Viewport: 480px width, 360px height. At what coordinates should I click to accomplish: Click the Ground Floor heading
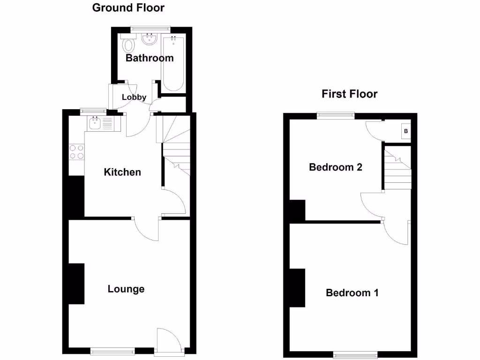128,7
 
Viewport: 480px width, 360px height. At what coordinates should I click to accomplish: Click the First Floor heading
349,94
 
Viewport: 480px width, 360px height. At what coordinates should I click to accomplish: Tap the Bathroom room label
150,58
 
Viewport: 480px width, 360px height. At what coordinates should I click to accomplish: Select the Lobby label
134,97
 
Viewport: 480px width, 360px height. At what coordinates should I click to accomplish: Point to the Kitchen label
122,172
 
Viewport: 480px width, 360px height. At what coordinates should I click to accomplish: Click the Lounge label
126,289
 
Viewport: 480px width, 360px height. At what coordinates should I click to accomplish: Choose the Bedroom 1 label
352,293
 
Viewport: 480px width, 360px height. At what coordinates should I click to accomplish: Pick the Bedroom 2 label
336,167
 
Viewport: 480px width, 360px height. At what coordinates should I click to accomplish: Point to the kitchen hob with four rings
77,152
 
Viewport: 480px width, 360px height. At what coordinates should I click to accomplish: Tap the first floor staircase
398,169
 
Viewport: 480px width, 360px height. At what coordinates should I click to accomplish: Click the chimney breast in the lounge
76,284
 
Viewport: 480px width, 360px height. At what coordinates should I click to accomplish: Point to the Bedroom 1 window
354,354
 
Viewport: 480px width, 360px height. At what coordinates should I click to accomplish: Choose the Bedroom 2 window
336,114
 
